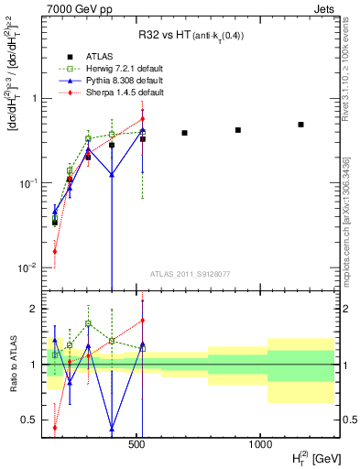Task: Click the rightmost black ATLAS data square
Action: (x=300, y=125)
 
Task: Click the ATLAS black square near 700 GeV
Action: (x=184, y=133)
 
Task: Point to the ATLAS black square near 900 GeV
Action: (x=238, y=130)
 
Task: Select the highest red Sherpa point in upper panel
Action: (x=142, y=118)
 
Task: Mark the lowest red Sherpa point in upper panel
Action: (x=55, y=251)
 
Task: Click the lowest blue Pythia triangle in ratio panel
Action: (x=112, y=428)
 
